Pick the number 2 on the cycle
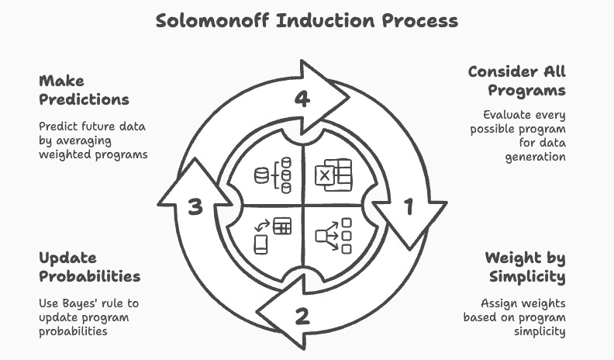point(302,316)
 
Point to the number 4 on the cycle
point(303,99)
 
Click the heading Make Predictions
point(83,90)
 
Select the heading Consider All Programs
point(516,81)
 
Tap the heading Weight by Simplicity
point(525,267)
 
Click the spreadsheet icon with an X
point(333,173)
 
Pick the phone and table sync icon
point(273,234)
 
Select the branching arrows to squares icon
point(334,235)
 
